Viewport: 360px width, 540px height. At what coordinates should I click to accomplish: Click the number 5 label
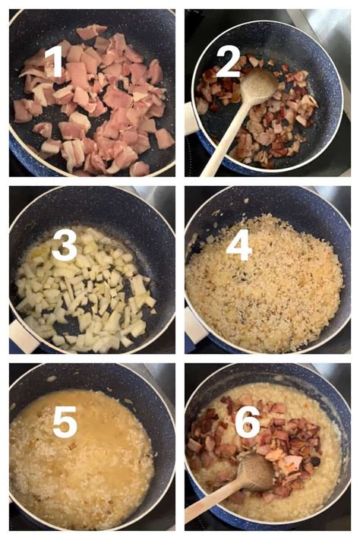[64, 420]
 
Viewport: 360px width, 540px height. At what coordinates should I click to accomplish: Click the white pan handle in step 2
[191, 118]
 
